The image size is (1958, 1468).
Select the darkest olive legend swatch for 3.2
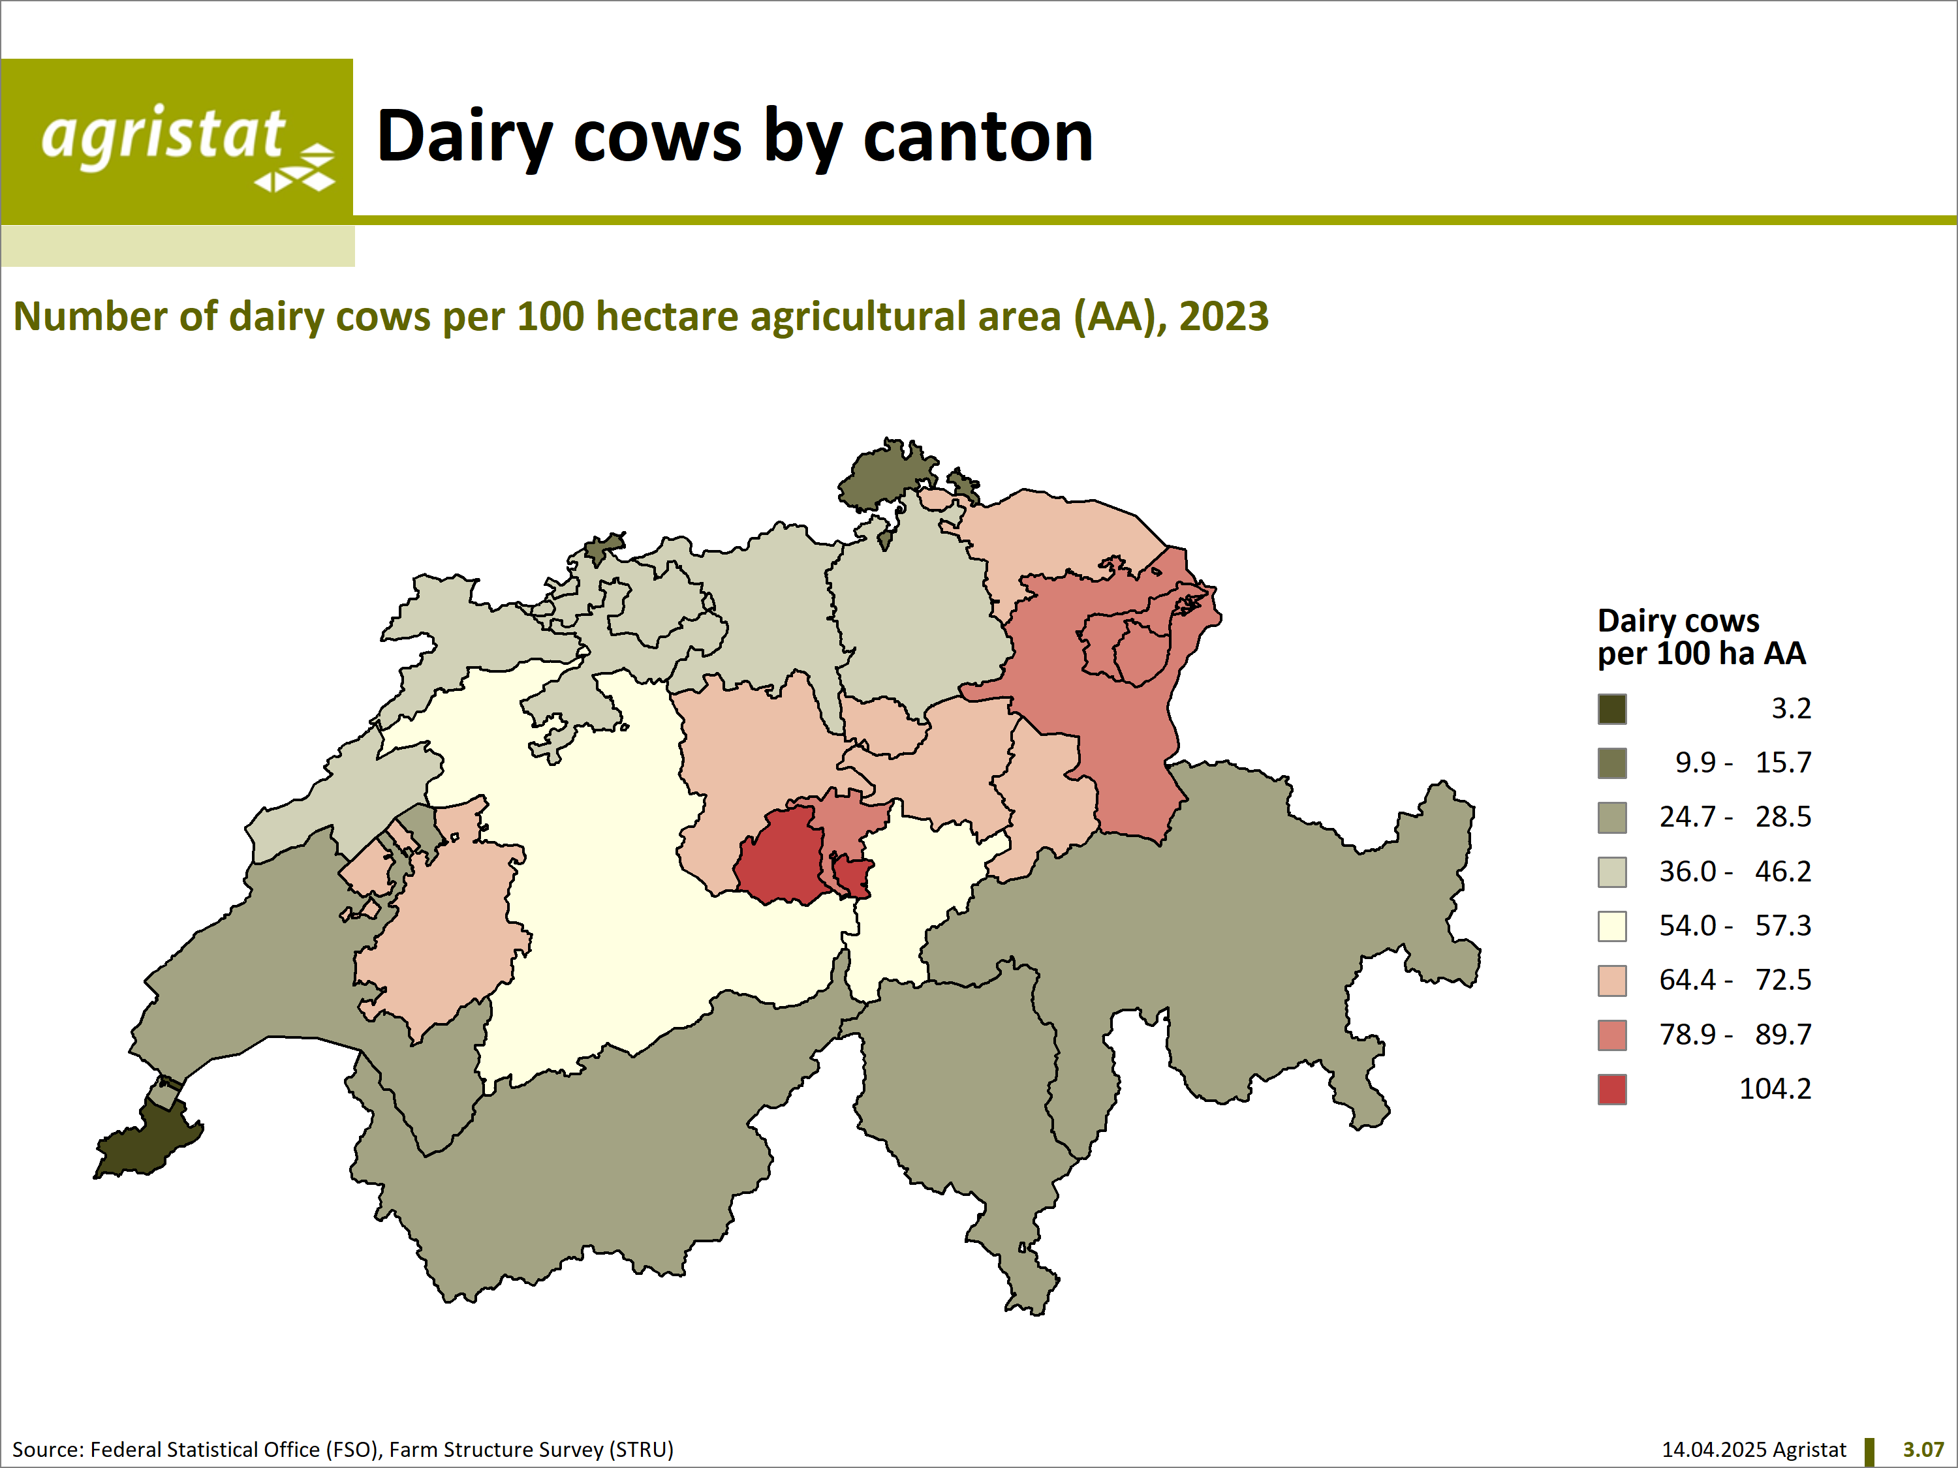1612,709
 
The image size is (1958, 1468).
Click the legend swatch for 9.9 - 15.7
1612,763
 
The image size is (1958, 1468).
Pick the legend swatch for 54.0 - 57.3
1612,926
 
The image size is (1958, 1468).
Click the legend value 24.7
1687,817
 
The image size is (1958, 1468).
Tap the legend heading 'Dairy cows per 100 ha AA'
1702,637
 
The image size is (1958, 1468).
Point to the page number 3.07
1923,1450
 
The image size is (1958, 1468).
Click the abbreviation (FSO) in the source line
353,1450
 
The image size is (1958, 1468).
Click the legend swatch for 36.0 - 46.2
1612,872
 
